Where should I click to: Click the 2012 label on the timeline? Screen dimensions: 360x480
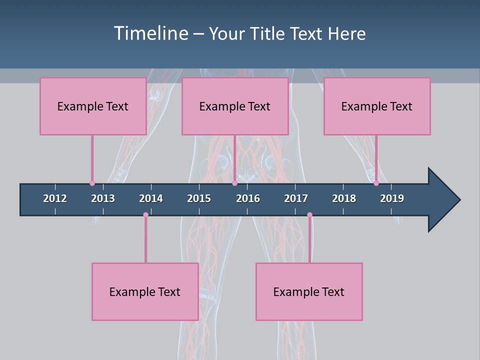(x=55, y=198)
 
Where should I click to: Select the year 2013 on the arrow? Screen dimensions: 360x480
(x=103, y=198)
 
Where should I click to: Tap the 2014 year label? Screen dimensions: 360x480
(x=151, y=198)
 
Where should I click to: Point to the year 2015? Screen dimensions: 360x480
(x=199, y=198)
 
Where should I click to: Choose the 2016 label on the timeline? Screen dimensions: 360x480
(x=248, y=198)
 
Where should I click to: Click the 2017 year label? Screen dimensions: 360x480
(x=296, y=198)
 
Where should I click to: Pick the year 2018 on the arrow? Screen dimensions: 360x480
(x=344, y=198)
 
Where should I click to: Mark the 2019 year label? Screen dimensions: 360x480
(x=392, y=198)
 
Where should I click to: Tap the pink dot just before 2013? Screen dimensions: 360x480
(x=92, y=183)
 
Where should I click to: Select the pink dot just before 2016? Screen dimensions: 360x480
(x=234, y=183)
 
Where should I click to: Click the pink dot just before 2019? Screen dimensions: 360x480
(x=376, y=183)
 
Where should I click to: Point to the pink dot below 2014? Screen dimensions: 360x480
(x=145, y=215)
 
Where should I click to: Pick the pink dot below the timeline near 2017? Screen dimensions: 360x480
(x=309, y=215)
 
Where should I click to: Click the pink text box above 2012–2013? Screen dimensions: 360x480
(x=93, y=106)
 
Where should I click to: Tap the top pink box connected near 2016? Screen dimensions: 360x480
(x=235, y=106)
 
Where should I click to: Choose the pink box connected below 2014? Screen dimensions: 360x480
(x=145, y=291)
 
